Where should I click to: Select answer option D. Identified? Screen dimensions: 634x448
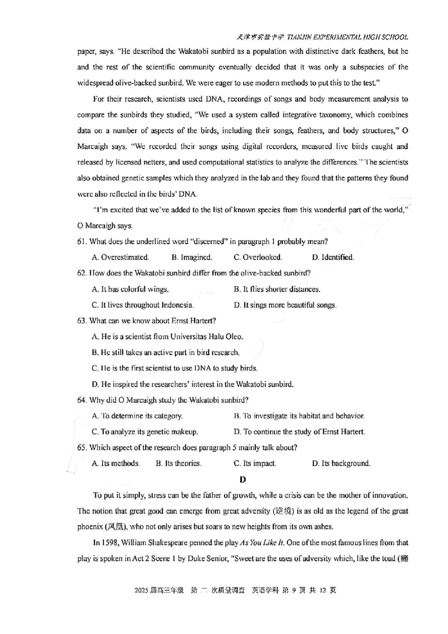[x=333, y=258]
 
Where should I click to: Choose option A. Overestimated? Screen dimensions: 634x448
[x=120, y=258]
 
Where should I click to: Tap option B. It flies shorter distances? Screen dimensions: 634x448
[x=277, y=290]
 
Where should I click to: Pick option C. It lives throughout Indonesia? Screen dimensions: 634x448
[x=142, y=306]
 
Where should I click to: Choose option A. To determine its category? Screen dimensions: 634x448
[x=137, y=416]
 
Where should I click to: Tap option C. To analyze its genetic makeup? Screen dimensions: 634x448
[x=144, y=432]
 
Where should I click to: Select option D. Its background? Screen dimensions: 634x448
[x=341, y=464]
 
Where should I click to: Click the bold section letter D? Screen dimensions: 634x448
[x=242, y=479]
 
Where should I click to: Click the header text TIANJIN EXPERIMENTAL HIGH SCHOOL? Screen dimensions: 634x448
[x=348, y=37]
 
